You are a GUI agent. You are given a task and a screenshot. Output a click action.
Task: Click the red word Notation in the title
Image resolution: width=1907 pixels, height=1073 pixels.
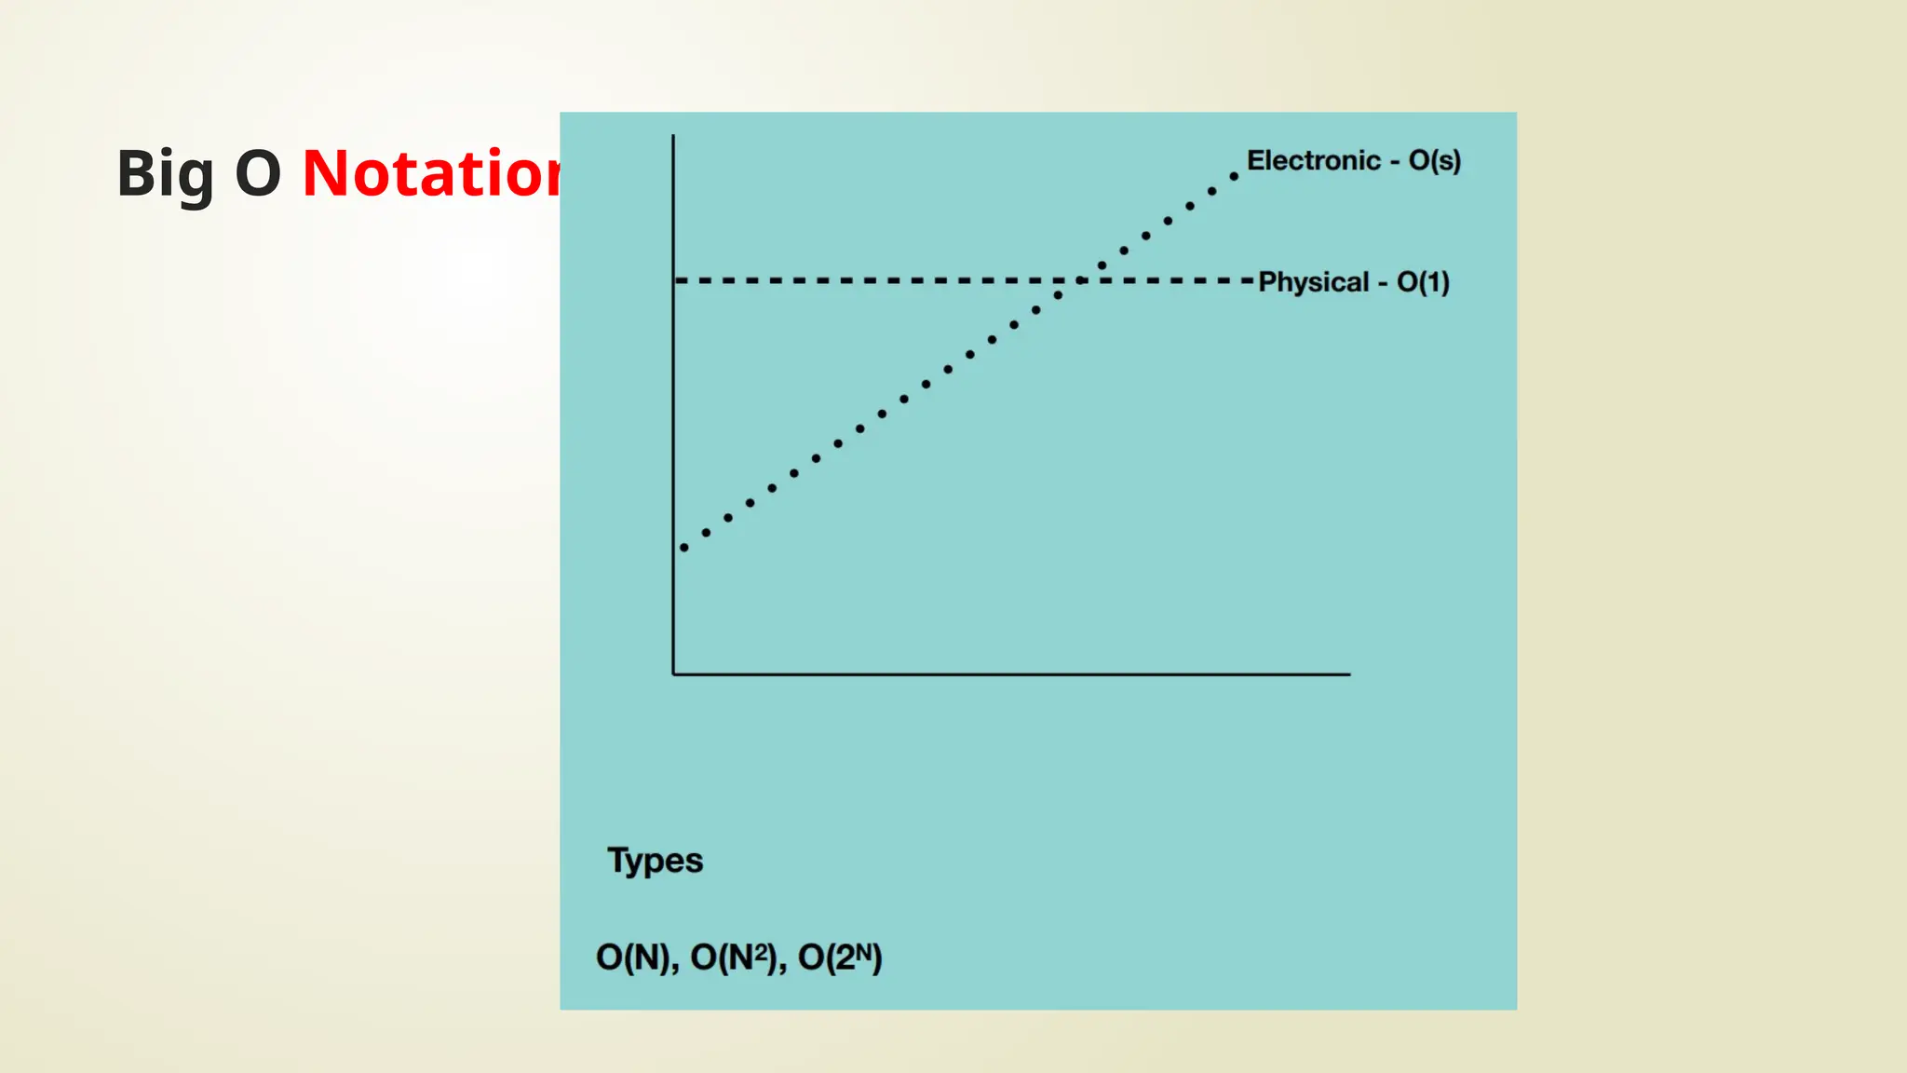[431, 174]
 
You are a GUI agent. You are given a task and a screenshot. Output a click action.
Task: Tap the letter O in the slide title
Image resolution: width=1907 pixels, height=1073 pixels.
[258, 174]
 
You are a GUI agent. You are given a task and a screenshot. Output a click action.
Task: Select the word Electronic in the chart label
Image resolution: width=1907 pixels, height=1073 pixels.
[1313, 160]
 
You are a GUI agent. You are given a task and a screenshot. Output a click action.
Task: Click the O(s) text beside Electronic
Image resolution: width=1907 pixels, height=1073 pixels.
[1434, 160]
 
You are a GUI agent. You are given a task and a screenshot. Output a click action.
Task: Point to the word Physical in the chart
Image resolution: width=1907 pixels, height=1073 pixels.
[1313, 282]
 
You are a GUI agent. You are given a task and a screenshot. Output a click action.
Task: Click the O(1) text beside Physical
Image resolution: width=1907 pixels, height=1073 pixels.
[1423, 282]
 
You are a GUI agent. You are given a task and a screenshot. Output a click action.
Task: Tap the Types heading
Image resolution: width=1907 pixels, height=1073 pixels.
[655, 860]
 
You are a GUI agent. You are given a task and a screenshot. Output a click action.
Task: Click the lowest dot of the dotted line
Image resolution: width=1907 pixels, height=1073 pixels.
[684, 548]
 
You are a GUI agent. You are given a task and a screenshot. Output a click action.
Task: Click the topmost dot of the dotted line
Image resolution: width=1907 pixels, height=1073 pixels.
[1234, 176]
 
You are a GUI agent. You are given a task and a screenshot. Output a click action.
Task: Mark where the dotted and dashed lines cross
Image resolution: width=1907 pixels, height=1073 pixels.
[1080, 280]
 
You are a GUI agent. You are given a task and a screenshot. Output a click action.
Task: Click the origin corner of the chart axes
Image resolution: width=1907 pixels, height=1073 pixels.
[673, 673]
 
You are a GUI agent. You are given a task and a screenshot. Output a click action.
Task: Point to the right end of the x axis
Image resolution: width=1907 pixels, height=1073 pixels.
[1348, 673]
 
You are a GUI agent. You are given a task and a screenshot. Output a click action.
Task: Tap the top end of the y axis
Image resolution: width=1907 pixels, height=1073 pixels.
[673, 137]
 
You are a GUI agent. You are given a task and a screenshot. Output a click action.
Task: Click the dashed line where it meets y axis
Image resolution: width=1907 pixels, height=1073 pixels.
[677, 280]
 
